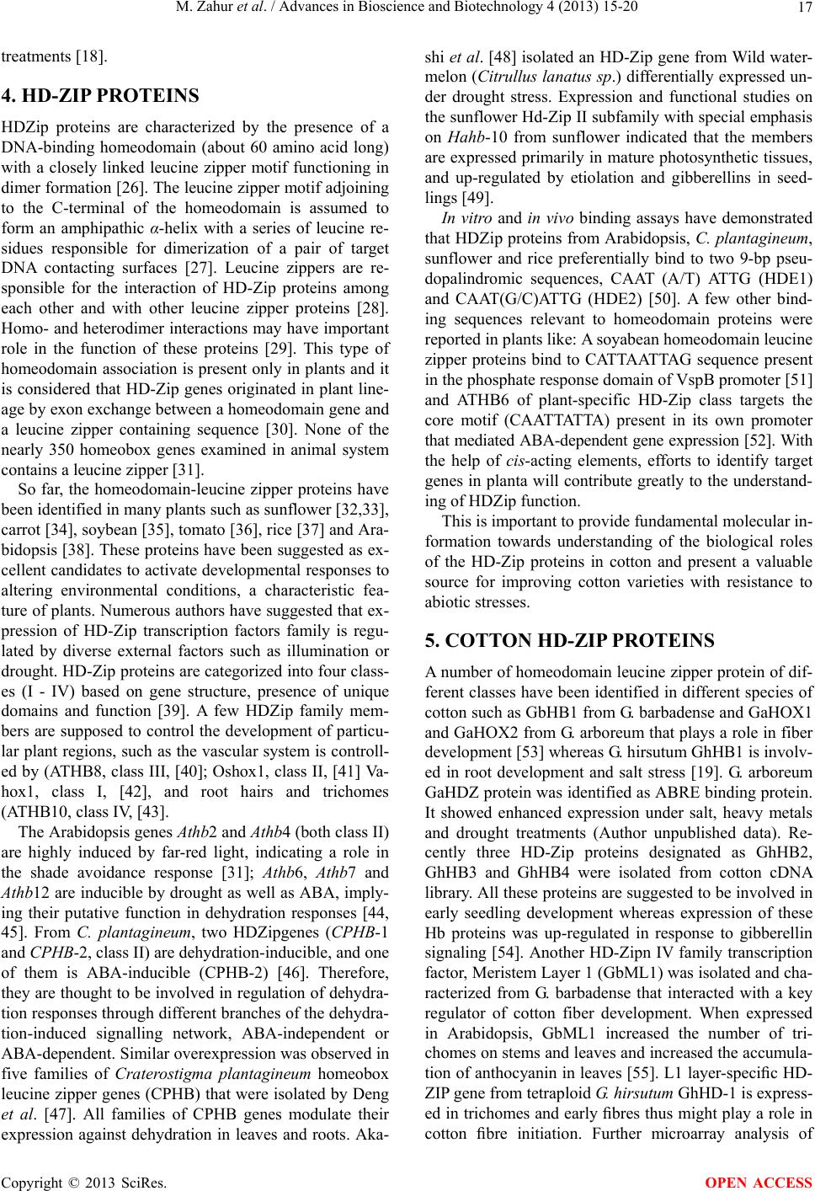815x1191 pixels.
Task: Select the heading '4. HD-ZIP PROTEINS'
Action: pyautogui.click(x=101, y=96)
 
